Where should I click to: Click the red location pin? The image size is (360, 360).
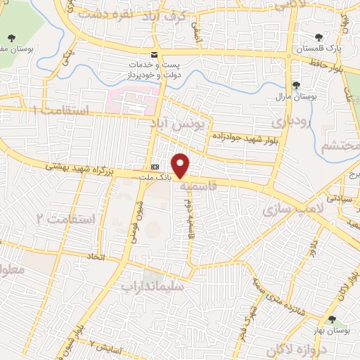[x=181, y=165]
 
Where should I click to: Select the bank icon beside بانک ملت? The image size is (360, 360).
[x=155, y=167]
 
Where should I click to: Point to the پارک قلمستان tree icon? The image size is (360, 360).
[x=318, y=37]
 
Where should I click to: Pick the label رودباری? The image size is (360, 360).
[x=288, y=122]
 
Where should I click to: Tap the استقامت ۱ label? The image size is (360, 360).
[x=63, y=110]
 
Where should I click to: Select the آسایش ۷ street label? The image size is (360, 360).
[x=106, y=345]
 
